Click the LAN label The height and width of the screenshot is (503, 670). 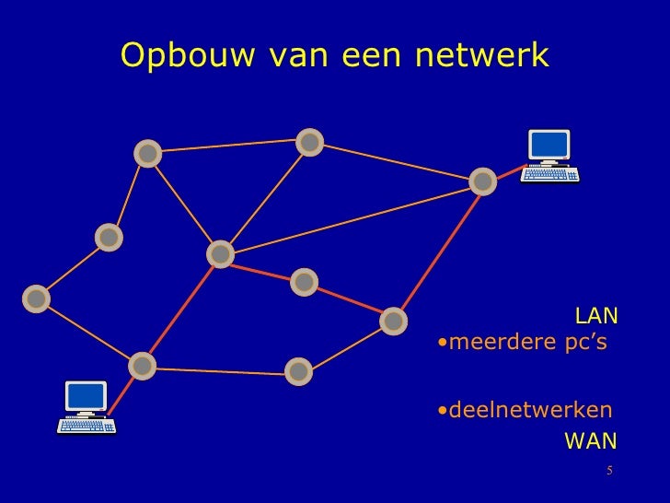596,318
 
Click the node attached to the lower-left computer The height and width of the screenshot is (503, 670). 141,366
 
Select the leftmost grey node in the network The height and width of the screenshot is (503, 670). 36,298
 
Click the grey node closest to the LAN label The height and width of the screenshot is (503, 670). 393,321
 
